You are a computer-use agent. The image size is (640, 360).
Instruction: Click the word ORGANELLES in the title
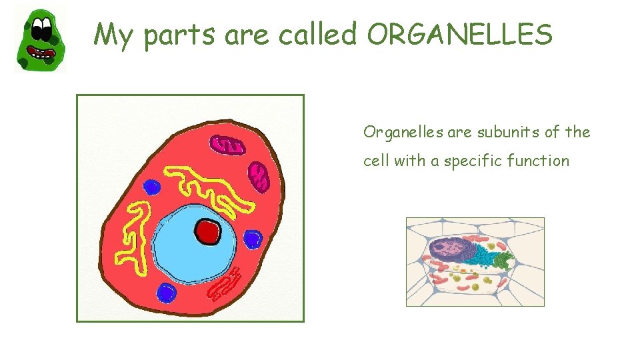tap(459, 35)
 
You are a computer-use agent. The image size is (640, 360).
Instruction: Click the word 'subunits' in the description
tap(507, 132)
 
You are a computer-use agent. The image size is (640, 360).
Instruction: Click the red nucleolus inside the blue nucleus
tap(207, 232)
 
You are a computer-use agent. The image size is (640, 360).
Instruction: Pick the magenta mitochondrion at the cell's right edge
tap(258, 177)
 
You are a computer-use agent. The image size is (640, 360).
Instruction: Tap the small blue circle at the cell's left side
tap(152, 187)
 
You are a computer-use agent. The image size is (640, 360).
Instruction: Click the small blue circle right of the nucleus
tap(253, 239)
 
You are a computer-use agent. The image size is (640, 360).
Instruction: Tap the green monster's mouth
tap(44, 53)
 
